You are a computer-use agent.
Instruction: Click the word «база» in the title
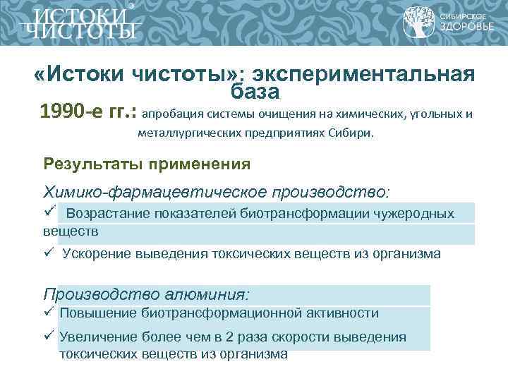click(x=255, y=92)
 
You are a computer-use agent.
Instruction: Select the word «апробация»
click(x=170, y=114)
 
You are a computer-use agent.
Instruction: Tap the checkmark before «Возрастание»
click(x=49, y=212)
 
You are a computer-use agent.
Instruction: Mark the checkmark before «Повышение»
click(x=49, y=312)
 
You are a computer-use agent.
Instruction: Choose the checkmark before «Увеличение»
click(x=49, y=336)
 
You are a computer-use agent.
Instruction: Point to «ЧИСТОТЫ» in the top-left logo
click(x=79, y=30)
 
